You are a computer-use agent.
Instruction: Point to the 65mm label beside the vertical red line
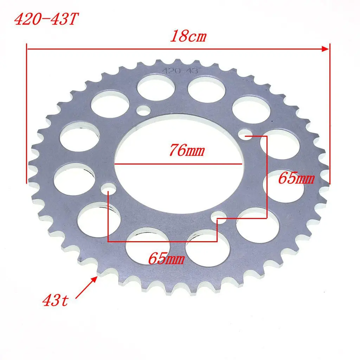[296, 179]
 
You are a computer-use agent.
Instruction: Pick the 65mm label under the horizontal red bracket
[166, 259]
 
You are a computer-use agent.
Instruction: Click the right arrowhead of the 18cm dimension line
[326, 49]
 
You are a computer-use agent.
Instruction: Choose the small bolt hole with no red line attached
[143, 110]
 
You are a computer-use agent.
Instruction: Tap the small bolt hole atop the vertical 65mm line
[245, 134]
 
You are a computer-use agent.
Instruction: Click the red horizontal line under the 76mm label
[178, 164]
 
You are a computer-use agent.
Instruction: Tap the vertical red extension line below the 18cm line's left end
[27, 116]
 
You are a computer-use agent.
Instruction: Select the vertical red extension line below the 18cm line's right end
[330, 116]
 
